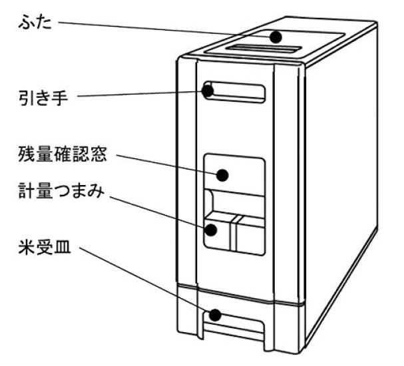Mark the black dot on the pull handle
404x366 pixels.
pos(210,91)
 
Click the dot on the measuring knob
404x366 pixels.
pos(212,230)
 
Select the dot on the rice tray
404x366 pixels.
pos(214,315)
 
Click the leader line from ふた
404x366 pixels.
pos(166,29)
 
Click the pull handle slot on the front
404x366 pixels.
pos(240,92)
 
